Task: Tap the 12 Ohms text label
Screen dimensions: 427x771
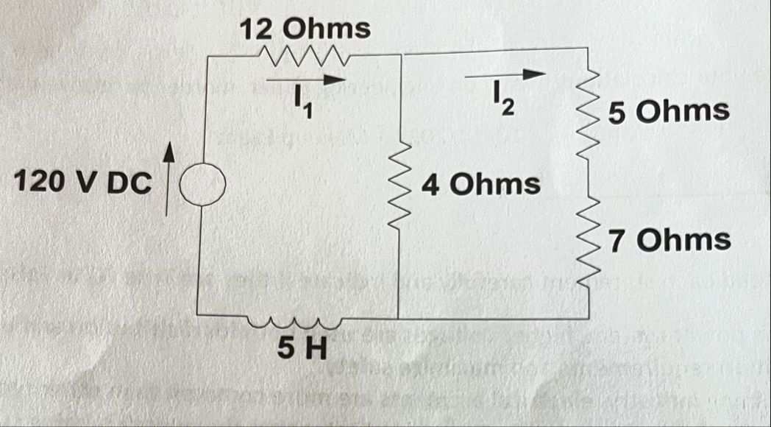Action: tap(304, 29)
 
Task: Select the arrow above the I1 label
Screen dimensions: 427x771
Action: tap(305, 79)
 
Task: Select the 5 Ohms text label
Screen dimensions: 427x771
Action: tap(669, 112)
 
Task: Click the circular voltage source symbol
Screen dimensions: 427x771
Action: tap(199, 182)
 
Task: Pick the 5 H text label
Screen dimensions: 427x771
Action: tap(302, 345)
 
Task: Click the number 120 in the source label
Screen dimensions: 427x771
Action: tap(39, 183)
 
